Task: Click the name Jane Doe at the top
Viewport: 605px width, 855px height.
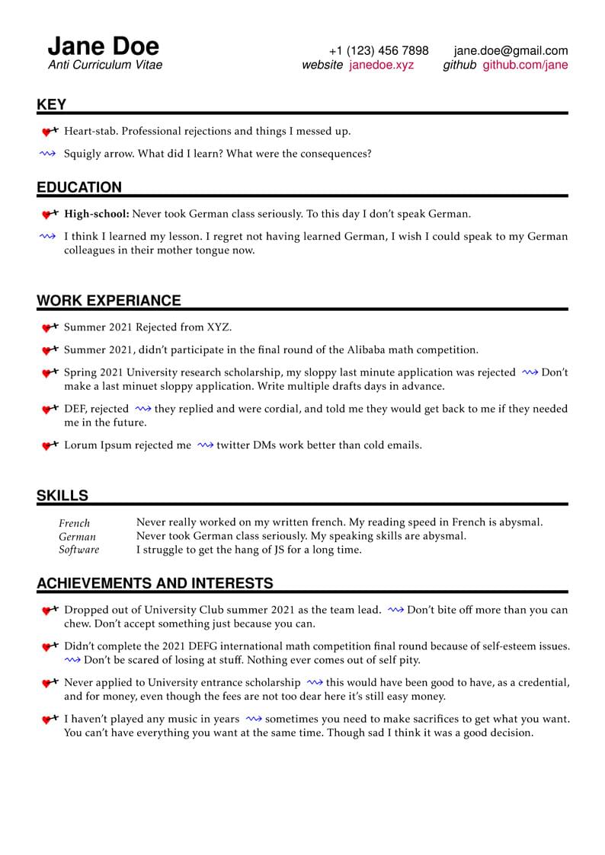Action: click(104, 46)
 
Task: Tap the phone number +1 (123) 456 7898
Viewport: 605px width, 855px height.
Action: click(379, 51)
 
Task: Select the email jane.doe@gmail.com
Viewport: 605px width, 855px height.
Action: click(511, 51)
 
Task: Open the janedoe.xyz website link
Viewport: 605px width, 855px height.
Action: click(382, 65)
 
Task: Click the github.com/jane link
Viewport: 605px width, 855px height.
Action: click(525, 65)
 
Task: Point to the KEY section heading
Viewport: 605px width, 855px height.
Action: click(52, 105)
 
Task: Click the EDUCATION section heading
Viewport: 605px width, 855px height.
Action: click(79, 187)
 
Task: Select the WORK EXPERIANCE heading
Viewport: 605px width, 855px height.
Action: click(109, 301)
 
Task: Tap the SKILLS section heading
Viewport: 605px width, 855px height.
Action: click(62, 496)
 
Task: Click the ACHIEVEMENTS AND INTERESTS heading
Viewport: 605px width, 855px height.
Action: click(155, 584)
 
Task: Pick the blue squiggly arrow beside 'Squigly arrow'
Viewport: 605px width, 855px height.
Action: click(48, 154)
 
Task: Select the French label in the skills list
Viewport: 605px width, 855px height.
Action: click(74, 523)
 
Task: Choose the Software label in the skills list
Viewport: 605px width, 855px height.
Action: click(78, 550)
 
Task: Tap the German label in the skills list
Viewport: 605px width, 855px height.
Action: click(77, 536)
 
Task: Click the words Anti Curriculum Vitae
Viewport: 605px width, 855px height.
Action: click(105, 65)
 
